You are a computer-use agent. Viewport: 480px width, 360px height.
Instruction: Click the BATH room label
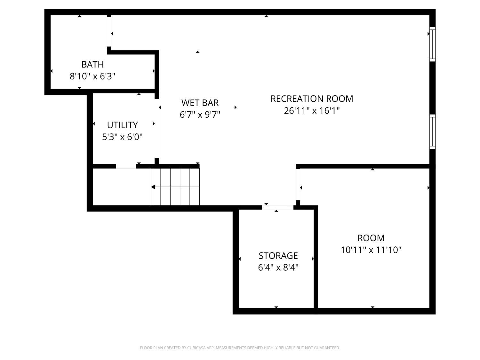click(x=92, y=64)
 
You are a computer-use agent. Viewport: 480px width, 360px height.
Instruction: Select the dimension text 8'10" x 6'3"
click(x=92, y=76)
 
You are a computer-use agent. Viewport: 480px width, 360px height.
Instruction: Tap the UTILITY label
click(x=122, y=125)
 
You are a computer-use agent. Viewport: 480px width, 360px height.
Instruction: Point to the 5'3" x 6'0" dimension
click(x=122, y=137)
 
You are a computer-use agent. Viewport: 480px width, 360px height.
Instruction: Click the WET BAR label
click(x=200, y=103)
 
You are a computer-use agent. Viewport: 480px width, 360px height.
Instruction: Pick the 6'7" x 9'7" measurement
click(x=200, y=115)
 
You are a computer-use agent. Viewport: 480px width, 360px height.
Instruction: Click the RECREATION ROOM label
click(x=312, y=99)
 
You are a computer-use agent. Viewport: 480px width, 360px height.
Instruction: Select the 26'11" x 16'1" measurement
click(x=312, y=111)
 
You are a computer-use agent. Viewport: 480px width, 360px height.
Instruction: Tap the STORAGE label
click(x=278, y=255)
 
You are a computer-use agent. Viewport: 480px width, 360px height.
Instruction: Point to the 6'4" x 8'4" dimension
click(x=278, y=268)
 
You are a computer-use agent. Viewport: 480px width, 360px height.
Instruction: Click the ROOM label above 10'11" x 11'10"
click(x=371, y=238)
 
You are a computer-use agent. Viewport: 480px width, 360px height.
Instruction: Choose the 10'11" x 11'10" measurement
click(x=371, y=250)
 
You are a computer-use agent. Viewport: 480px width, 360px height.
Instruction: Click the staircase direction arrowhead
click(x=153, y=187)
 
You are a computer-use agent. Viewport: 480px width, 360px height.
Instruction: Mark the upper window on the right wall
click(x=432, y=44)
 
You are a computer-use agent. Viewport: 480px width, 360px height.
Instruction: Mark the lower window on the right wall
click(x=432, y=132)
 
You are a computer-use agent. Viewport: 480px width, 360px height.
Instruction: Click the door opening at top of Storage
click(x=277, y=207)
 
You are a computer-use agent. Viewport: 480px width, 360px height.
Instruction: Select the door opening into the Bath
click(x=109, y=32)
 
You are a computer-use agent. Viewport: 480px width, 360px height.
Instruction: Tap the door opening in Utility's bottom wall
click(x=126, y=166)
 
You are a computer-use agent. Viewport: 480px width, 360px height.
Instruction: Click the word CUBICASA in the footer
click(x=196, y=348)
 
